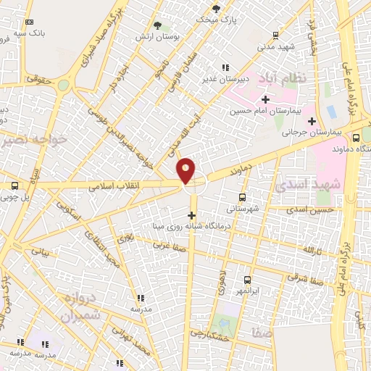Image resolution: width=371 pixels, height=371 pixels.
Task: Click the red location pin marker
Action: (186, 170)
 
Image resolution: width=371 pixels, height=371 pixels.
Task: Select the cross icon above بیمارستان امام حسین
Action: (266, 99)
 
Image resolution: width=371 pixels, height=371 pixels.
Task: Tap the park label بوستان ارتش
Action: (159, 36)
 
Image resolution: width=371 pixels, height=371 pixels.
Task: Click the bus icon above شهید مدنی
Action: (275, 34)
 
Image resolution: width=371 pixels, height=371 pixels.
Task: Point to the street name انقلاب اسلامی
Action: (115, 185)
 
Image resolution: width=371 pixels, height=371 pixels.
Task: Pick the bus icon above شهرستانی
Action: (242, 196)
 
